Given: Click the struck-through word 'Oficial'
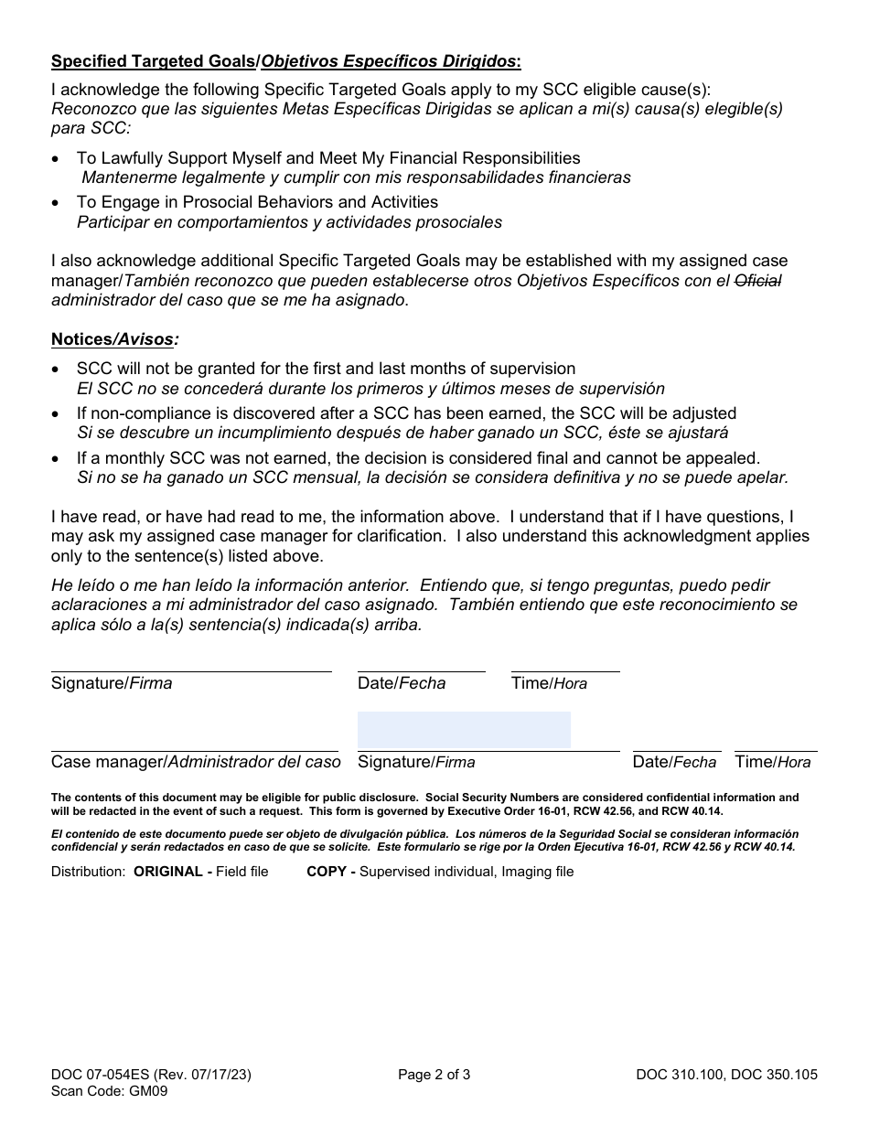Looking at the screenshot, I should (x=759, y=281).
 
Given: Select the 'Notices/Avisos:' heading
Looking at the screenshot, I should (x=114, y=339).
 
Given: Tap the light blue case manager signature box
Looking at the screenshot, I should (x=464, y=730).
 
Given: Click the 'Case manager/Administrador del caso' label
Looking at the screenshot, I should (x=196, y=762).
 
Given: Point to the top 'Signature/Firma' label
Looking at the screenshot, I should (x=112, y=683).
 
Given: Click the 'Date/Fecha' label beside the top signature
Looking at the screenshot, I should (x=402, y=683).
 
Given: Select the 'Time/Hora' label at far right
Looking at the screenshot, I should (x=772, y=762).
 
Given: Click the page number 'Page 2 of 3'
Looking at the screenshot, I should (x=434, y=1075).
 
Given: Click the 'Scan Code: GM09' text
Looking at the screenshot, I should (x=109, y=1090).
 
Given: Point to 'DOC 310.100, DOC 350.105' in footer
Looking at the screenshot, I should (x=727, y=1075).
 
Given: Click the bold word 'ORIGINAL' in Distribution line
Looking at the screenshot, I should (x=169, y=872).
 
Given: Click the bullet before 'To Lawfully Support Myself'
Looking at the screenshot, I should (x=57, y=159).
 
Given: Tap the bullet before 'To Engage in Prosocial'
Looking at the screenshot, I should (x=57, y=203).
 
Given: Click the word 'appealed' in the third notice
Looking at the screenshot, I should (x=724, y=458).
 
